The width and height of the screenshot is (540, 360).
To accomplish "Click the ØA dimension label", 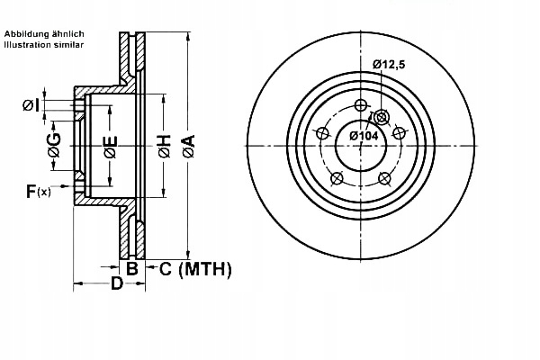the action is (188, 146).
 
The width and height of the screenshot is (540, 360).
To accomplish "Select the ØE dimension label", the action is (109, 146).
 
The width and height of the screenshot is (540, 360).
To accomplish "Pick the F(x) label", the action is (38, 190).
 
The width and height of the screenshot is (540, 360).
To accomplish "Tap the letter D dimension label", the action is (116, 285).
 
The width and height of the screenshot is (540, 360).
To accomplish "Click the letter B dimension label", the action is (131, 268).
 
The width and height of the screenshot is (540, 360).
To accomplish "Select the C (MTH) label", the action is (196, 268).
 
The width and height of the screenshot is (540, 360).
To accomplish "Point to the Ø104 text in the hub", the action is (363, 135).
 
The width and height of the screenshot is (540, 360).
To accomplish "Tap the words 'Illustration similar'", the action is (44, 43).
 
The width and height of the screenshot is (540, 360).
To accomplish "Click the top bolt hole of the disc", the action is (362, 104).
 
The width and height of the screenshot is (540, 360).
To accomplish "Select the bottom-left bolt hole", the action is (337, 177).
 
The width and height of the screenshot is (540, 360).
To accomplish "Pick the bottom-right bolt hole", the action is (385, 177).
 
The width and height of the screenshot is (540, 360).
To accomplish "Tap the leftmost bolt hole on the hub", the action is (321, 133).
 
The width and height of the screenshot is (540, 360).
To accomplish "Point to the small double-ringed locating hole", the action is (380, 117).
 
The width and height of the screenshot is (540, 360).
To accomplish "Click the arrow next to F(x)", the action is (64, 190).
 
